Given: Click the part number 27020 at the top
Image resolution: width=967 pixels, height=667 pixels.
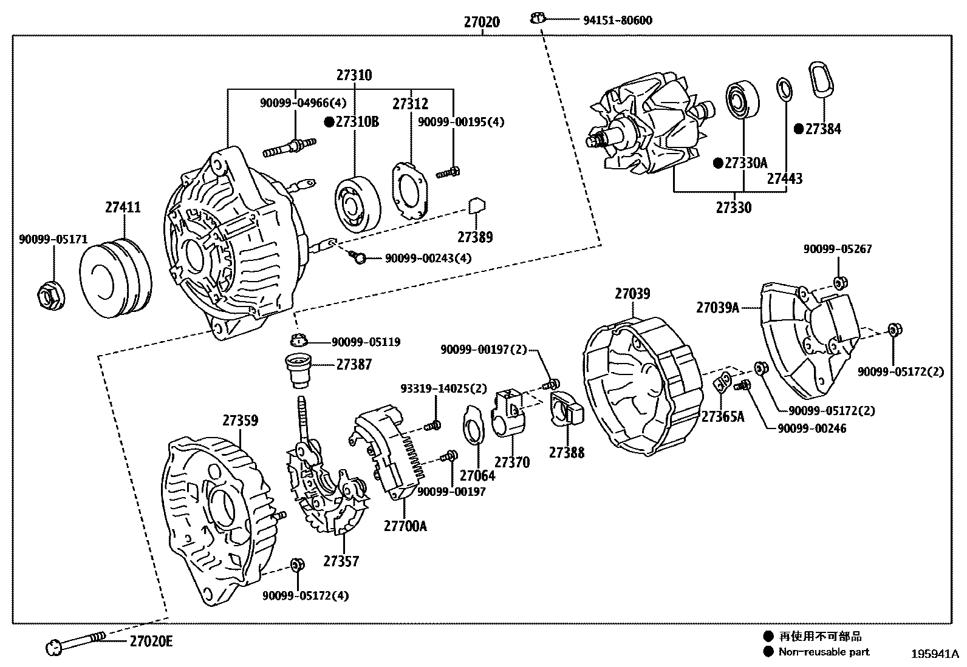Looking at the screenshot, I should point(482,22).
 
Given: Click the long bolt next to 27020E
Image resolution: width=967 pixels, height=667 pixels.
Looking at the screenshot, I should point(76,642).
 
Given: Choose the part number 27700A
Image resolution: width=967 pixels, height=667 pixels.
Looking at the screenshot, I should point(405,526).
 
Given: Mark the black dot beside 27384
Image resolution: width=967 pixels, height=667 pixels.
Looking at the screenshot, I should point(799,129).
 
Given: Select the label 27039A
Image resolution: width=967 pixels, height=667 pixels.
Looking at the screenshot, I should point(717,308).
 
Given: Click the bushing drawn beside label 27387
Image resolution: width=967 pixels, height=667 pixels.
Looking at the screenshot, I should point(298,370).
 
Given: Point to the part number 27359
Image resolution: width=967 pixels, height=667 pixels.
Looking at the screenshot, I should point(239,420).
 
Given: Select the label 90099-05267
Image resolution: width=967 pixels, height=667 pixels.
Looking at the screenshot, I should point(838,249).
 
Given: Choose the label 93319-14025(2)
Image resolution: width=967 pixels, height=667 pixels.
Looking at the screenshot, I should point(443,388).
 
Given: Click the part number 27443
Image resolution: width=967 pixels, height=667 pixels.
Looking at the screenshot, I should point(784,178).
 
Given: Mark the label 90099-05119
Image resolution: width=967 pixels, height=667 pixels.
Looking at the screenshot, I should point(366,342).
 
